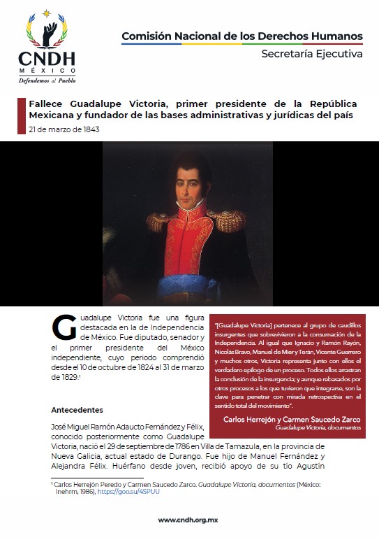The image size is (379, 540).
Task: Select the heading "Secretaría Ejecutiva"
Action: click(x=311, y=53)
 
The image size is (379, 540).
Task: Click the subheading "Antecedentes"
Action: click(x=77, y=409)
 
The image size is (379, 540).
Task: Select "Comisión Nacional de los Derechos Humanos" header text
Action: click(x=241, y=36)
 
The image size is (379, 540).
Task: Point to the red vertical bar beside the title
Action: click(x=20, y=115)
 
